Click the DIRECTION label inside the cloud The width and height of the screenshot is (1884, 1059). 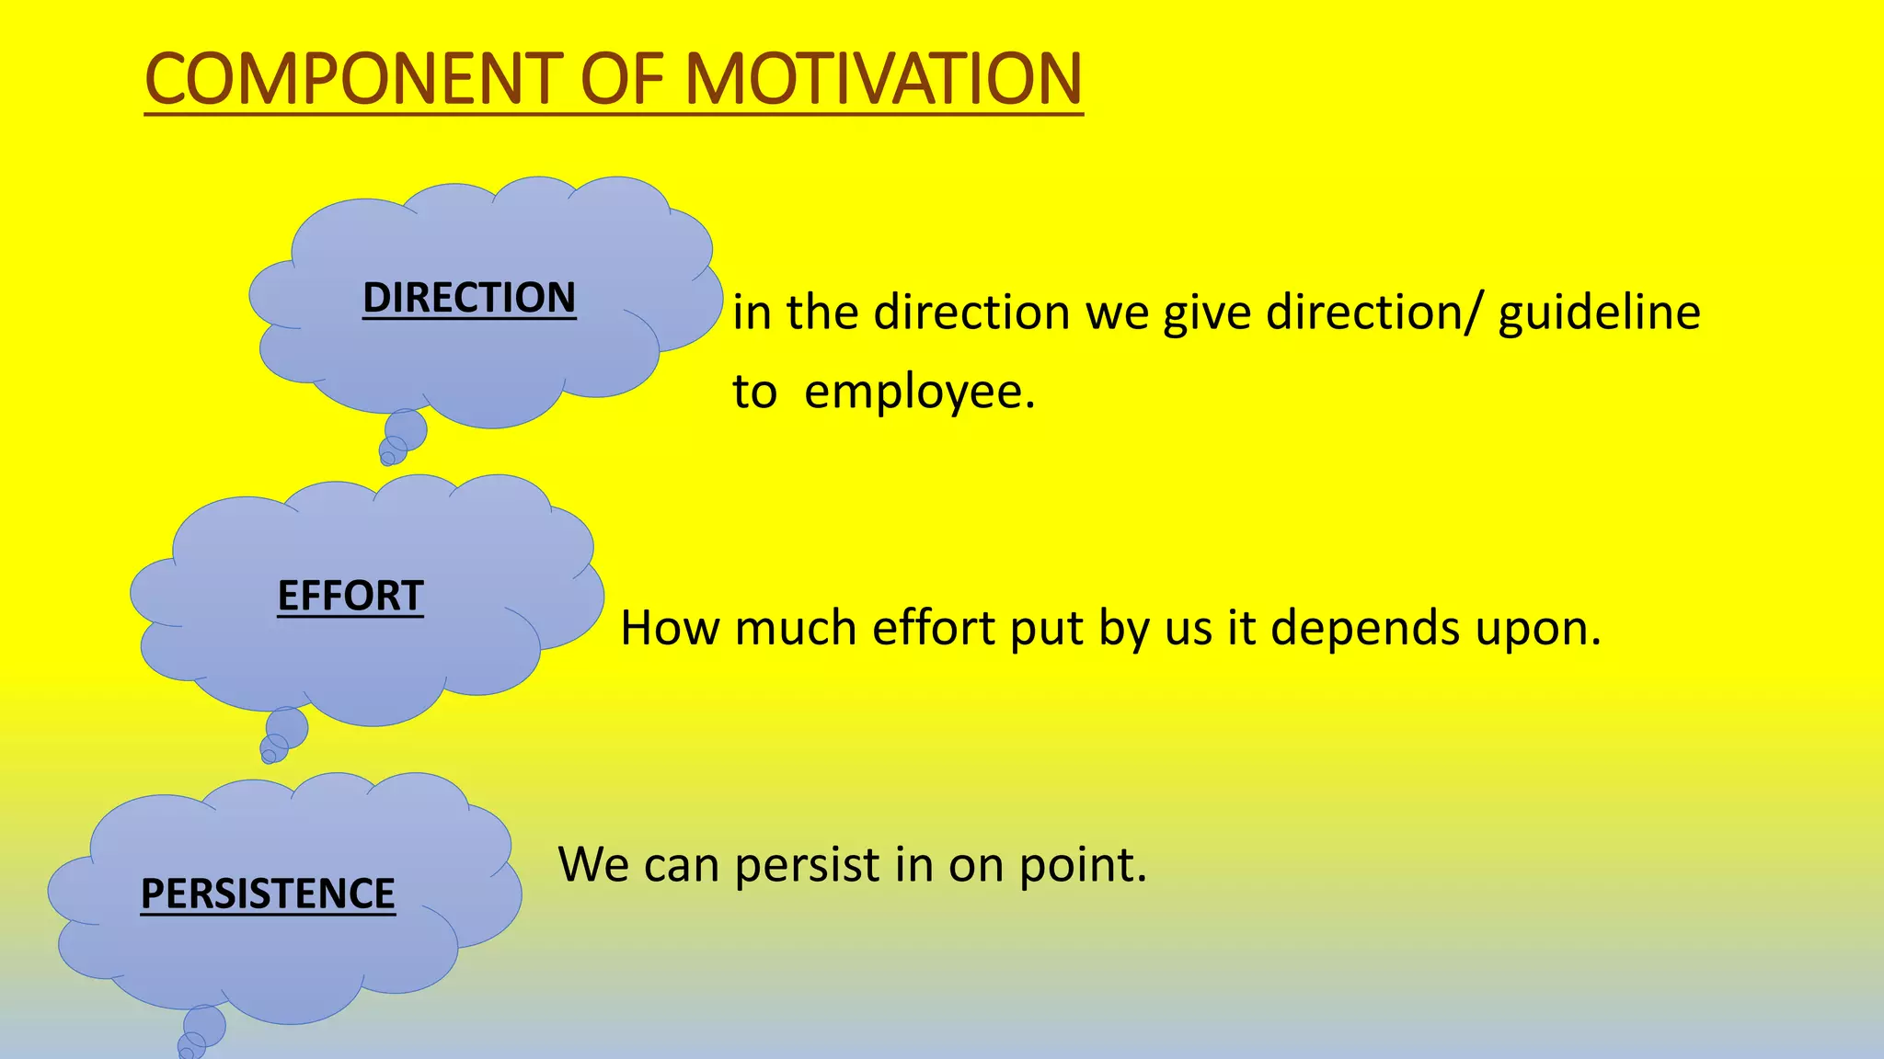[469, 298]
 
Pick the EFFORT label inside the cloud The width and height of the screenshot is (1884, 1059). [350, 596]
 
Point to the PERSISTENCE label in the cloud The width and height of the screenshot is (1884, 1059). [268, 894]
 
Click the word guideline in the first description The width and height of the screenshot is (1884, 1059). [1599, 313]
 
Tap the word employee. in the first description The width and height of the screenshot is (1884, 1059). [919, 393]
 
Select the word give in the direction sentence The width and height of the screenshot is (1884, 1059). [1207, 313]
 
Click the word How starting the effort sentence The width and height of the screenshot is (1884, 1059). [670, 629]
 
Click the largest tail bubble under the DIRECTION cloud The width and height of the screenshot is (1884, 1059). [406, 428]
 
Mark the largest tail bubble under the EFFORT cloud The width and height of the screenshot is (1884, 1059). [287, 727]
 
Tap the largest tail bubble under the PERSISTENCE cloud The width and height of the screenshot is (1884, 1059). [205, 1025]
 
